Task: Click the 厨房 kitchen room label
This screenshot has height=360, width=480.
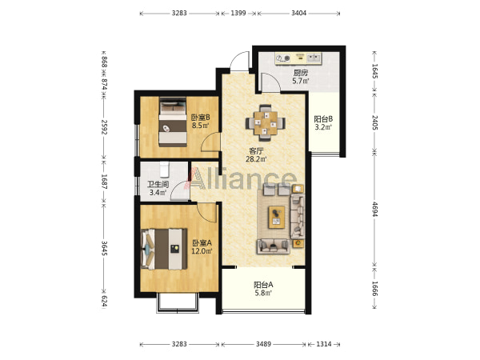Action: pos(301,73)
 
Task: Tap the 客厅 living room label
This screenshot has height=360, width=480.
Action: pos(256,151)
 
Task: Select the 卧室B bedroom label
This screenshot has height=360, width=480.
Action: pos(201,118)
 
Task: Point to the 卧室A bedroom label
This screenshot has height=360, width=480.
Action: pos(202,243)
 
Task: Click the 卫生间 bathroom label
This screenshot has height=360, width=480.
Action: pos(158,184)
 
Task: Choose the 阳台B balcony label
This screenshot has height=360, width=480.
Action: pos(323,119)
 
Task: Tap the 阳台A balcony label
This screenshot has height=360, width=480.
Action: pos(263,285)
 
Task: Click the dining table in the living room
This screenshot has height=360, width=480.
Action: pos(266,123)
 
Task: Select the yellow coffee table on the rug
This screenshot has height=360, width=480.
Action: pos(277,217)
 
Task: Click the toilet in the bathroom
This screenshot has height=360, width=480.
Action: pos(164,170)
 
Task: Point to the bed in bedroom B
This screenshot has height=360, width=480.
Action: pos(173,122)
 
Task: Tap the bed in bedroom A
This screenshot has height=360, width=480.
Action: pos(164,249)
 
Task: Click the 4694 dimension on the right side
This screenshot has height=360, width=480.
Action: pos(375,209)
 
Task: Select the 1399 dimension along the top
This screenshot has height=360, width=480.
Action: pos(238,13)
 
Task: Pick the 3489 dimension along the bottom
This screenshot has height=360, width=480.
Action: pos(263,344)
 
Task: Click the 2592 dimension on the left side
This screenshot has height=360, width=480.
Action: pos(104,126)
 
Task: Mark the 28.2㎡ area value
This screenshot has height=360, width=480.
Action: pos(256,159)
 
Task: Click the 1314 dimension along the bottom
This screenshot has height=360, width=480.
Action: pos(323,344)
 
